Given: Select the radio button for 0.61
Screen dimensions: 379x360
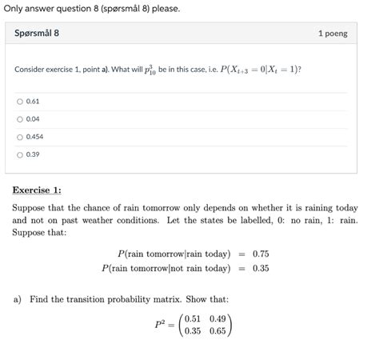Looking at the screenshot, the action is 20,102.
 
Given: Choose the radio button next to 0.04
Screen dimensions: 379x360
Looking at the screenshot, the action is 20,119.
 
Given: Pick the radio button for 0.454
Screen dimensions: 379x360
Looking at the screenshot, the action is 20,137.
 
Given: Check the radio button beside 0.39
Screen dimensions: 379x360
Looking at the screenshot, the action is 20,154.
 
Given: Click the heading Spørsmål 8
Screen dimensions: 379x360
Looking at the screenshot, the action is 37,34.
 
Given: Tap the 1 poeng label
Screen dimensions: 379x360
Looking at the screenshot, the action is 333,34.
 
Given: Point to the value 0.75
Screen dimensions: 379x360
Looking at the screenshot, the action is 261,254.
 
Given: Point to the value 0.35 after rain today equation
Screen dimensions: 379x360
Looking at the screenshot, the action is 261,268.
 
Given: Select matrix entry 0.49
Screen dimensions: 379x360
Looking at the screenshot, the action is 220,318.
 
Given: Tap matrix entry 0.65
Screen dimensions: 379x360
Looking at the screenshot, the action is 220,331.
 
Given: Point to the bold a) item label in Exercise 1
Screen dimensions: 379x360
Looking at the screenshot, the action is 17,299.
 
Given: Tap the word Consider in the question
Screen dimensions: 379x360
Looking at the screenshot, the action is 30,70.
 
